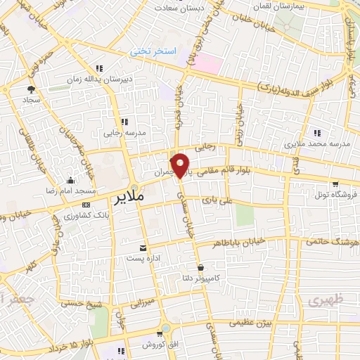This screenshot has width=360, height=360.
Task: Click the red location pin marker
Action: [x=181, y=165]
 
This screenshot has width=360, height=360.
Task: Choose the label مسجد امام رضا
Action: [x=70, y=191]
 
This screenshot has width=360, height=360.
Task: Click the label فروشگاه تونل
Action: [x=335, y=193]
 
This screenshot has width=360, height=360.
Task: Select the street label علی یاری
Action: [x=217, y=200]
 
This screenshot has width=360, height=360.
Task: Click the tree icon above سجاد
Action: [x=32, y=89]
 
